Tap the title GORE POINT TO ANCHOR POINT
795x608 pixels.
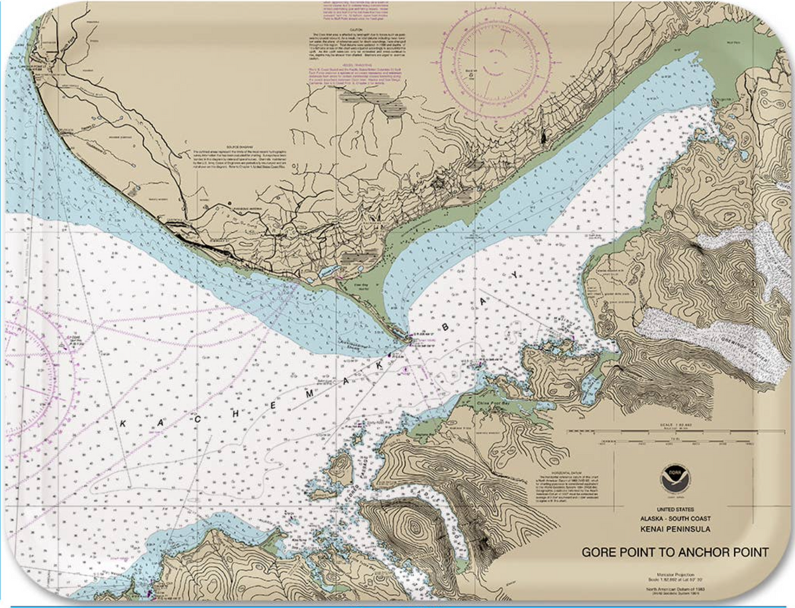pyautogui.click(x=675, y=552)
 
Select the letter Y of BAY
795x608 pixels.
pyautogui.click(x=511, y=274)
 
